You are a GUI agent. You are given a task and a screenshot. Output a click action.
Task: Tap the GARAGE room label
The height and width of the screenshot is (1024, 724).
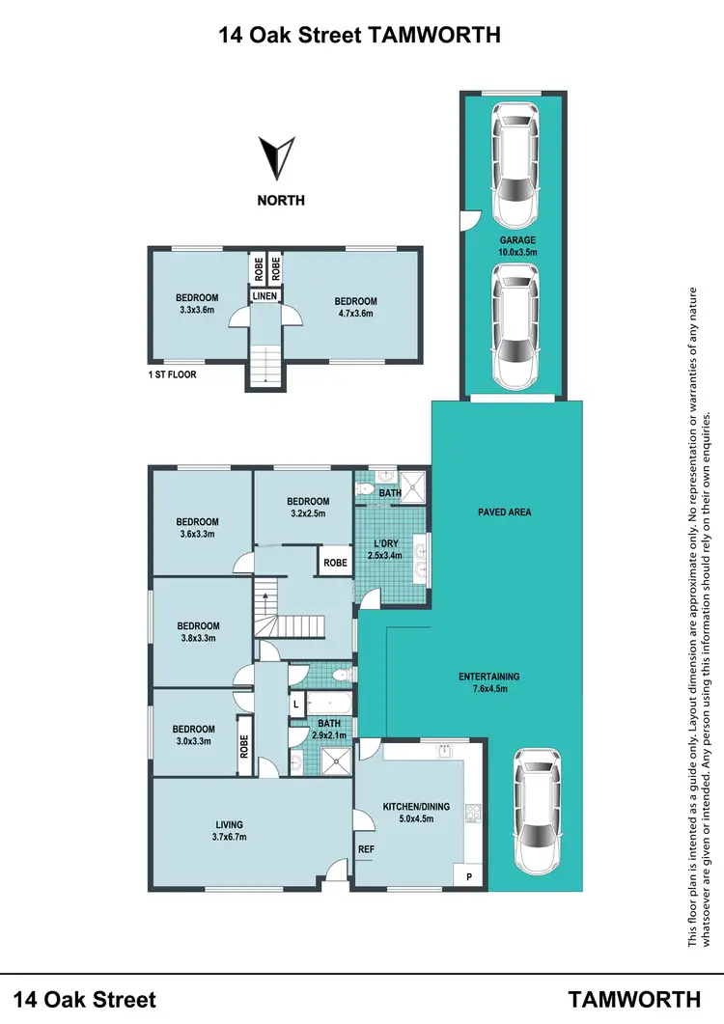517,240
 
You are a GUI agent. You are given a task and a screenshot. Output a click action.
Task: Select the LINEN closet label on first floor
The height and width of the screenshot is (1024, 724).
265,296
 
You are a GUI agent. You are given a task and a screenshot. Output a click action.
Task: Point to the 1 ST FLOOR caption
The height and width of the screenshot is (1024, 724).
173,374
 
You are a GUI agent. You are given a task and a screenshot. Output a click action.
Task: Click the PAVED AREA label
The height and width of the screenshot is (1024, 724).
504,512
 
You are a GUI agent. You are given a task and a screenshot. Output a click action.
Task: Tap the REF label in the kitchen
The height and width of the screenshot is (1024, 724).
366,849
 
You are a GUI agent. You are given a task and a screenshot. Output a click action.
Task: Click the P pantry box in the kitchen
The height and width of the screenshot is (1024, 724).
469,876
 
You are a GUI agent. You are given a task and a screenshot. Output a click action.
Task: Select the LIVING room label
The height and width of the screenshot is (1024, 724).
230,823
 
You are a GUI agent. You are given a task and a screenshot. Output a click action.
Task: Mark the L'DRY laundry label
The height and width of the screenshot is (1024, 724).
386,543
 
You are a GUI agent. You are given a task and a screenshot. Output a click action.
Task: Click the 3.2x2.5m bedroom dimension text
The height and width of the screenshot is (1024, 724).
308,513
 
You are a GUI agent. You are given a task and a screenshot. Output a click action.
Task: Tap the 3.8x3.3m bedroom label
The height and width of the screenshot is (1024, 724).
198,638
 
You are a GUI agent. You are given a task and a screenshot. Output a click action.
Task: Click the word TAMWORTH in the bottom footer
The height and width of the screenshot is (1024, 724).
633,998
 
